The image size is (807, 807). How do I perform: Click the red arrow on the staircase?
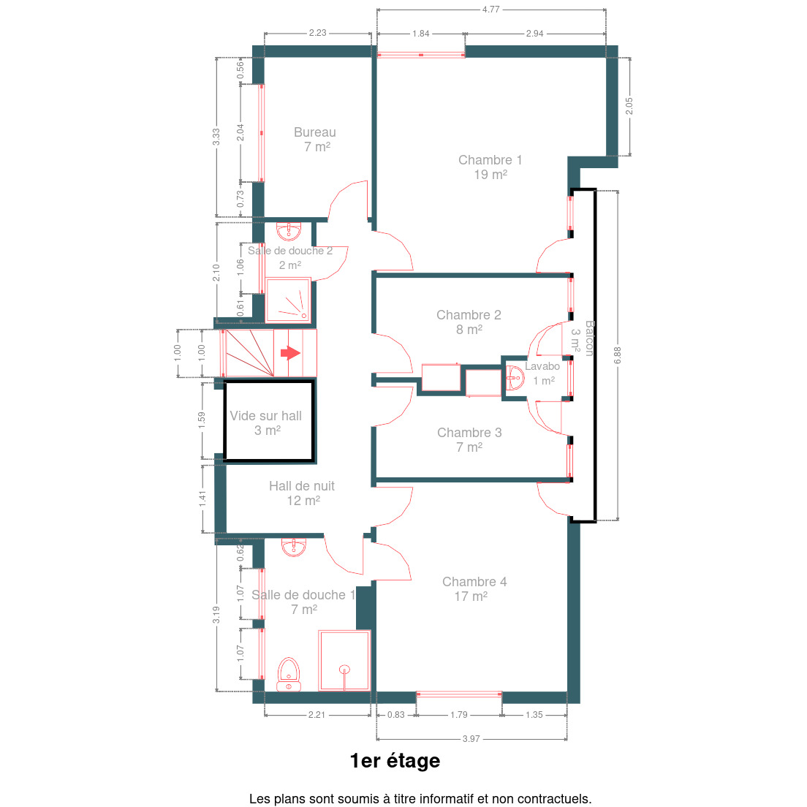click(x=290, y=353)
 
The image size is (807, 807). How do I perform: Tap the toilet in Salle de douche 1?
click(x=289, y=674)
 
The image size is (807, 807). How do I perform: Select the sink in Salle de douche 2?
click(x=289, y=231)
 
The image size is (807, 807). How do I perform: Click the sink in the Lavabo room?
click(x=515, y=378)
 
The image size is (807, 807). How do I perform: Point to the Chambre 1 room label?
click(x=490, y=167)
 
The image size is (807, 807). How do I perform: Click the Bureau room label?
click(x=315, y=140)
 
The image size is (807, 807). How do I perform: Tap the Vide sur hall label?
click(x=266, y=423)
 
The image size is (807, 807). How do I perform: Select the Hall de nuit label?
click(x=302, y=493)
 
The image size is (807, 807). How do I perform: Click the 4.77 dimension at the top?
click(x=491, y=10)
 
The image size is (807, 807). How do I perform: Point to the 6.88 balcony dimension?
click(x=618, y=355)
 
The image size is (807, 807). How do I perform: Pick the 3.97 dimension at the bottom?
click(x=471, y=738)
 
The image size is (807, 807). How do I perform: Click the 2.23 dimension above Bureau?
click(x=317, y=33)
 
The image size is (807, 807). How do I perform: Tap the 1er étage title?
click(x=395, y=761)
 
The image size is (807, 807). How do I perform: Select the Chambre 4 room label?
click(x=474, y=588)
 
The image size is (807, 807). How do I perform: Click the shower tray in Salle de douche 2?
click(x=288, y=300)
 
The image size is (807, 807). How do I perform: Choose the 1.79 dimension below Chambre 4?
click(x=458, y=715)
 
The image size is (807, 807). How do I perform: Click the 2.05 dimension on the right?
click(x=629, y=106)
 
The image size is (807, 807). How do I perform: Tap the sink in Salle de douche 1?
click(x=293, y=548)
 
